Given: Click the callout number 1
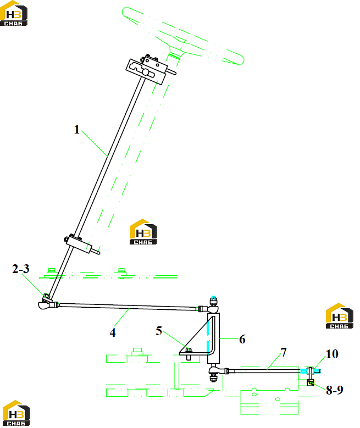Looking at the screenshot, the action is click(x=77, y=129).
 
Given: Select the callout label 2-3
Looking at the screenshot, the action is click(x=21, y=269).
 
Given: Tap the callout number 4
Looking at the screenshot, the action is click(x=113, y=332).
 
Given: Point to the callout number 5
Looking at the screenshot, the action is click(x=159, y=331).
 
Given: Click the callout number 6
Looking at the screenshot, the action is click(x=242, y=340).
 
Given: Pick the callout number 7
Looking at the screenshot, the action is click(x=284, y=352).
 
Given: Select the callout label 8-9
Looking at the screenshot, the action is click(x=335, y=390).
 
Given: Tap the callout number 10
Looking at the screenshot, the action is click(x=332, y=354).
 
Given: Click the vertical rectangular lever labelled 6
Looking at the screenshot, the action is click(x=213, y=338).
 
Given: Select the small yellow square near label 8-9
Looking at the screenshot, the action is click(x=311, y=383).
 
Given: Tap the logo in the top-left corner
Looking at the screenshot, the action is click(x=14, y=14).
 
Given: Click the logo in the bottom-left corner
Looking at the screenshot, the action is click(x=16, y=413).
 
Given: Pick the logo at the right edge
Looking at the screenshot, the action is click(x=340, y=316).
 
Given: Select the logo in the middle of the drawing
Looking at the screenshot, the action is click(x=143, y=232).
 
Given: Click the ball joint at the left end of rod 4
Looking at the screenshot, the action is click(x=45, y=305).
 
